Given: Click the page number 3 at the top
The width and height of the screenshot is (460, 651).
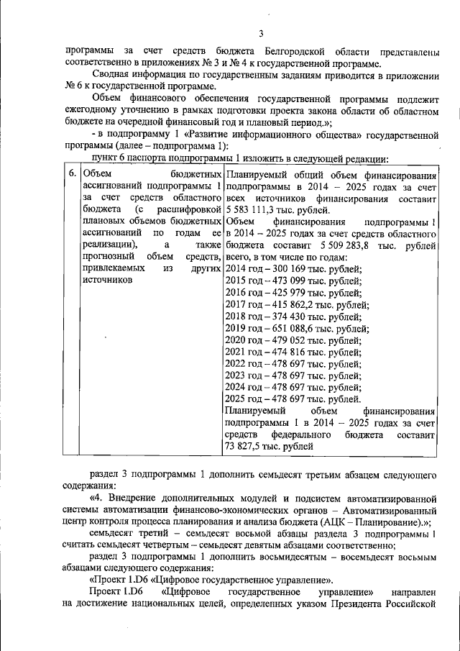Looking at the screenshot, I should pos(262,33).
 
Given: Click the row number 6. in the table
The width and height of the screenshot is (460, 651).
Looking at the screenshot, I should pos(72,176).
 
